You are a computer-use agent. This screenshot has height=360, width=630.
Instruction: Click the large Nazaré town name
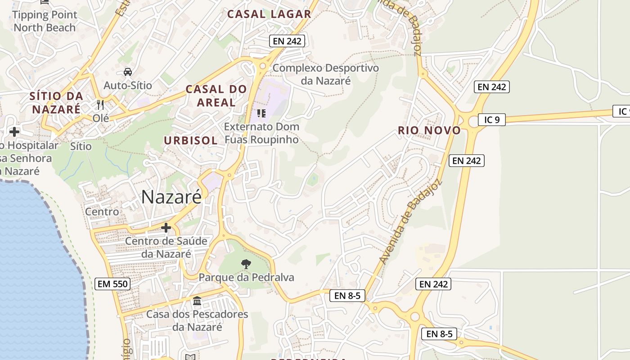tap(171, 197)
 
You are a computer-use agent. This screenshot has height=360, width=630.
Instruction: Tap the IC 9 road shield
tap(492, 120)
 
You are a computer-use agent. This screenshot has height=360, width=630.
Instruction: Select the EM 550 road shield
tap(113, 284)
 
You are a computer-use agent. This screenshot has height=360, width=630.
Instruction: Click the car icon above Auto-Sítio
tap(128, 72)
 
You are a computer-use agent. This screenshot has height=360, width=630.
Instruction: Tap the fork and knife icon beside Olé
tap(100, 105)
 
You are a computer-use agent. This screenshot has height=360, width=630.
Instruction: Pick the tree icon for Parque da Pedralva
tap(246, 264)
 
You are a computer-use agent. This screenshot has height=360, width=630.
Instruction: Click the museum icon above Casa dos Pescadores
tap(197, 301)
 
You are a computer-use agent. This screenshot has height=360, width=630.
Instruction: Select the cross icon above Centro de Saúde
tap(166, 228)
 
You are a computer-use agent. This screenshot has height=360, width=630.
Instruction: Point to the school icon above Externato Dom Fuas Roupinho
tap(261, 113)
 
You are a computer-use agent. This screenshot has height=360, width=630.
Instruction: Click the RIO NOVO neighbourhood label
tap(429, 130)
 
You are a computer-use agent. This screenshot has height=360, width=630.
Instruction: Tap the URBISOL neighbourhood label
tap(191, 140)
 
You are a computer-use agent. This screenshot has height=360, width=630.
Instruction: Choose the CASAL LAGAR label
tap(269, 14)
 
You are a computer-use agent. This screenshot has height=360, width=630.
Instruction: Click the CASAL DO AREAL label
tap(216, 95)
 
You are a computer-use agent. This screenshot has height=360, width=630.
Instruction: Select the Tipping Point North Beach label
tap(45, 21)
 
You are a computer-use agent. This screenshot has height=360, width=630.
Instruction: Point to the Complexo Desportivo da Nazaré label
tap(326, 74)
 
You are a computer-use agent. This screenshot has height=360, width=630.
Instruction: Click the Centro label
tap(102, 211)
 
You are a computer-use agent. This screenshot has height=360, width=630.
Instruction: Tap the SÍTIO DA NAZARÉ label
tap(57, 102)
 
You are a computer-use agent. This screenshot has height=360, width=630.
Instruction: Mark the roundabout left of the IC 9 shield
tap(474, 121)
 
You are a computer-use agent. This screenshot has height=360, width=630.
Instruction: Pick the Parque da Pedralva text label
tap(246, 277)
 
